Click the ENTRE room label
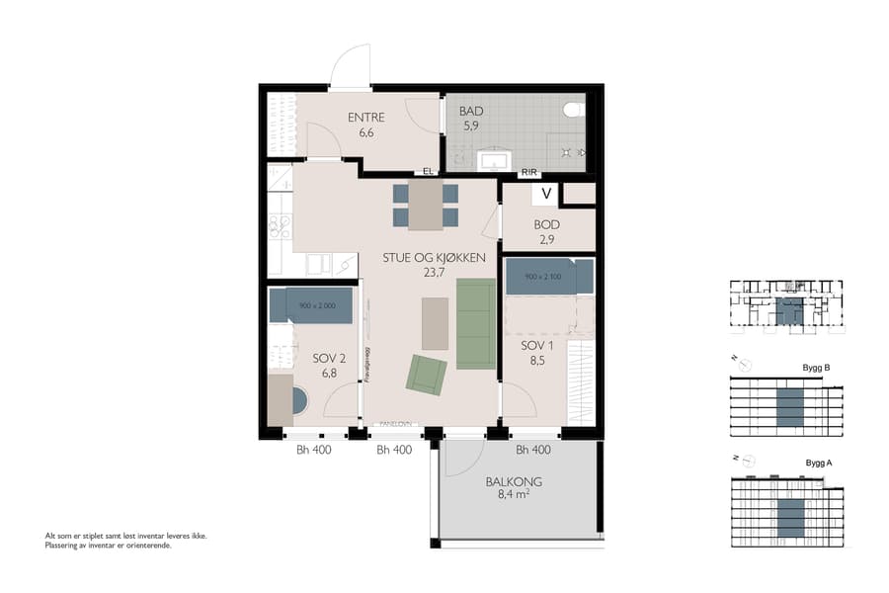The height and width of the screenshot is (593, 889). tap(365, 118)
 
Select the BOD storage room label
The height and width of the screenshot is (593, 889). tap(546, 224)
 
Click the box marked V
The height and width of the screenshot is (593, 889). tap(546, 194)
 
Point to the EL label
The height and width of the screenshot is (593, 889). tap(429, 171)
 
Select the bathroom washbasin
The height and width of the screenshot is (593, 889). tap(492, 159)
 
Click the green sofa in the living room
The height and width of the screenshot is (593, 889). tap(475, 323)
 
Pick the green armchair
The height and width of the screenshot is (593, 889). tap(426, 375)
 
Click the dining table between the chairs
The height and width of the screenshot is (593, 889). tap(426, 205)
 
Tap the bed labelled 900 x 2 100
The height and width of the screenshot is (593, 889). tap(548, 277)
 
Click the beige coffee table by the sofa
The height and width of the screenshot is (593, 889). tap(434, 323)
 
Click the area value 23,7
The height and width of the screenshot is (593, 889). tap(434, 272)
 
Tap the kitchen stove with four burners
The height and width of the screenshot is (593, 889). tap(279, 227)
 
